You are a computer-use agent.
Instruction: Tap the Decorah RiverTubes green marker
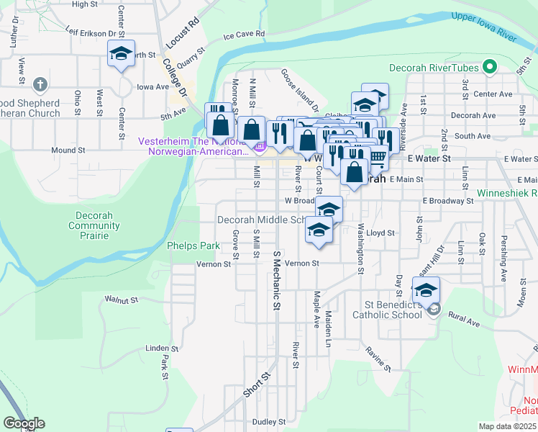point(491,68)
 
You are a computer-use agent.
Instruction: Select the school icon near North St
point(122,53)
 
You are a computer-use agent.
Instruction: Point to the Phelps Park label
point(193,246)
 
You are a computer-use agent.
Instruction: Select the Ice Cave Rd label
point(245,35)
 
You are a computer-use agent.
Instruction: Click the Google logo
point(24,423)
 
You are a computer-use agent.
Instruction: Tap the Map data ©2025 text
point(507,426)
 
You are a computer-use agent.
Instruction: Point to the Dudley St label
point(269,421)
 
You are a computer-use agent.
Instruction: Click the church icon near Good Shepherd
point(40,84)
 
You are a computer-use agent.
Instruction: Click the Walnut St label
point(121,298)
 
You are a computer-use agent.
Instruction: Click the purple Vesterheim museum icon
point(260,148)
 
